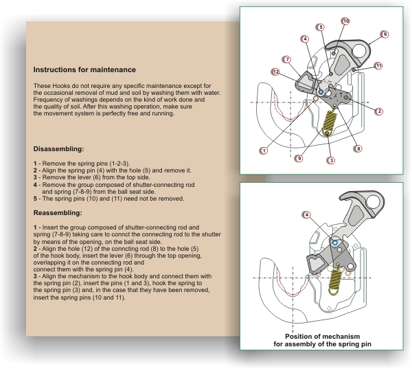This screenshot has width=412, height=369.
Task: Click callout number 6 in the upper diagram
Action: click(385, 34)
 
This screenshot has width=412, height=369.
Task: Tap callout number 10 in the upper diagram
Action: click(345, 21)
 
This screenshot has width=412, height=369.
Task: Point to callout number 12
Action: click(275, 71)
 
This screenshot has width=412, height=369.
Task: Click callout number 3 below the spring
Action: click(331, 160)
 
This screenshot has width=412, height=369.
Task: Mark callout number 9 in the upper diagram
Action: click(299, 158)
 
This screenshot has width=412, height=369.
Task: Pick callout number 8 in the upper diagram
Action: click(358, 148)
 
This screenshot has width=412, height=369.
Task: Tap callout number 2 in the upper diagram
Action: click(379, 111)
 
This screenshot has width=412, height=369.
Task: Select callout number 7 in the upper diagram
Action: click(287, 59)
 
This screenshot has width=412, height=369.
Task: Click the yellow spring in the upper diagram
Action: click(330, 126)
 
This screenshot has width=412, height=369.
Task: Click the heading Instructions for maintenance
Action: click(84, 70)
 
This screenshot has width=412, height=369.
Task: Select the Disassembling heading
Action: click(58, 149)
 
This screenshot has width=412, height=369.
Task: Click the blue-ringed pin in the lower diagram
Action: click(334, 242)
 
